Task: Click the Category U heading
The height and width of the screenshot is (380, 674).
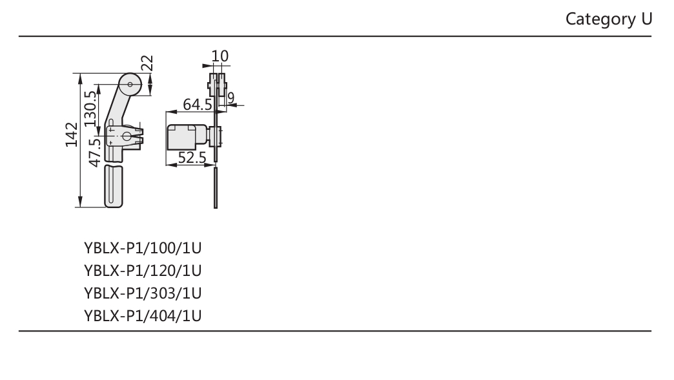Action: pos(609,19)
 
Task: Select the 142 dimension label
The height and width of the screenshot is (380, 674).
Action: pos(72,134)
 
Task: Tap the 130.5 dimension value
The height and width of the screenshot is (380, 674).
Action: pos(90,109)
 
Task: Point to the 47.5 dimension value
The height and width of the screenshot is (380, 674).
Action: pos(94,153)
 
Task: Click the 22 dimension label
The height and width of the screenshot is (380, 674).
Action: pos(147,63)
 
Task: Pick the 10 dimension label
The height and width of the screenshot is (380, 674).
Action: pos(220,56)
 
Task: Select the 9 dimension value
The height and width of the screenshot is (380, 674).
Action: pos(231,98)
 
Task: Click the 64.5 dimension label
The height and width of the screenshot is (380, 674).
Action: pos(198,105)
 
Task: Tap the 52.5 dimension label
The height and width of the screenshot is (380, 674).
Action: pos(192,158)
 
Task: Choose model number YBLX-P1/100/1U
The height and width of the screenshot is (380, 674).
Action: pos(143,248)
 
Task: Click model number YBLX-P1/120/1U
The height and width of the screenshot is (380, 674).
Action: pos(143,271)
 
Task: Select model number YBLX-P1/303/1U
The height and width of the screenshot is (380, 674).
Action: pos(143,293)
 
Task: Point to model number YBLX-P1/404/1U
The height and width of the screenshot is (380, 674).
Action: pos(143,316)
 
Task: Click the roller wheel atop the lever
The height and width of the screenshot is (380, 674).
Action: pos(130,85)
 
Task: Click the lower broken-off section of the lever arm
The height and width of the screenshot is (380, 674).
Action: pos(114,186)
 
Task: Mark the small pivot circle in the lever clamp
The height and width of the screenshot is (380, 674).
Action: pos(127,136)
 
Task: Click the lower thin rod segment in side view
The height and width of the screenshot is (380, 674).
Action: pos(216,188)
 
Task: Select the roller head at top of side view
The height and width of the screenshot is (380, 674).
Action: pos(218,85)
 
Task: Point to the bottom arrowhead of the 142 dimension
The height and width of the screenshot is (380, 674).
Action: pos(81,202)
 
